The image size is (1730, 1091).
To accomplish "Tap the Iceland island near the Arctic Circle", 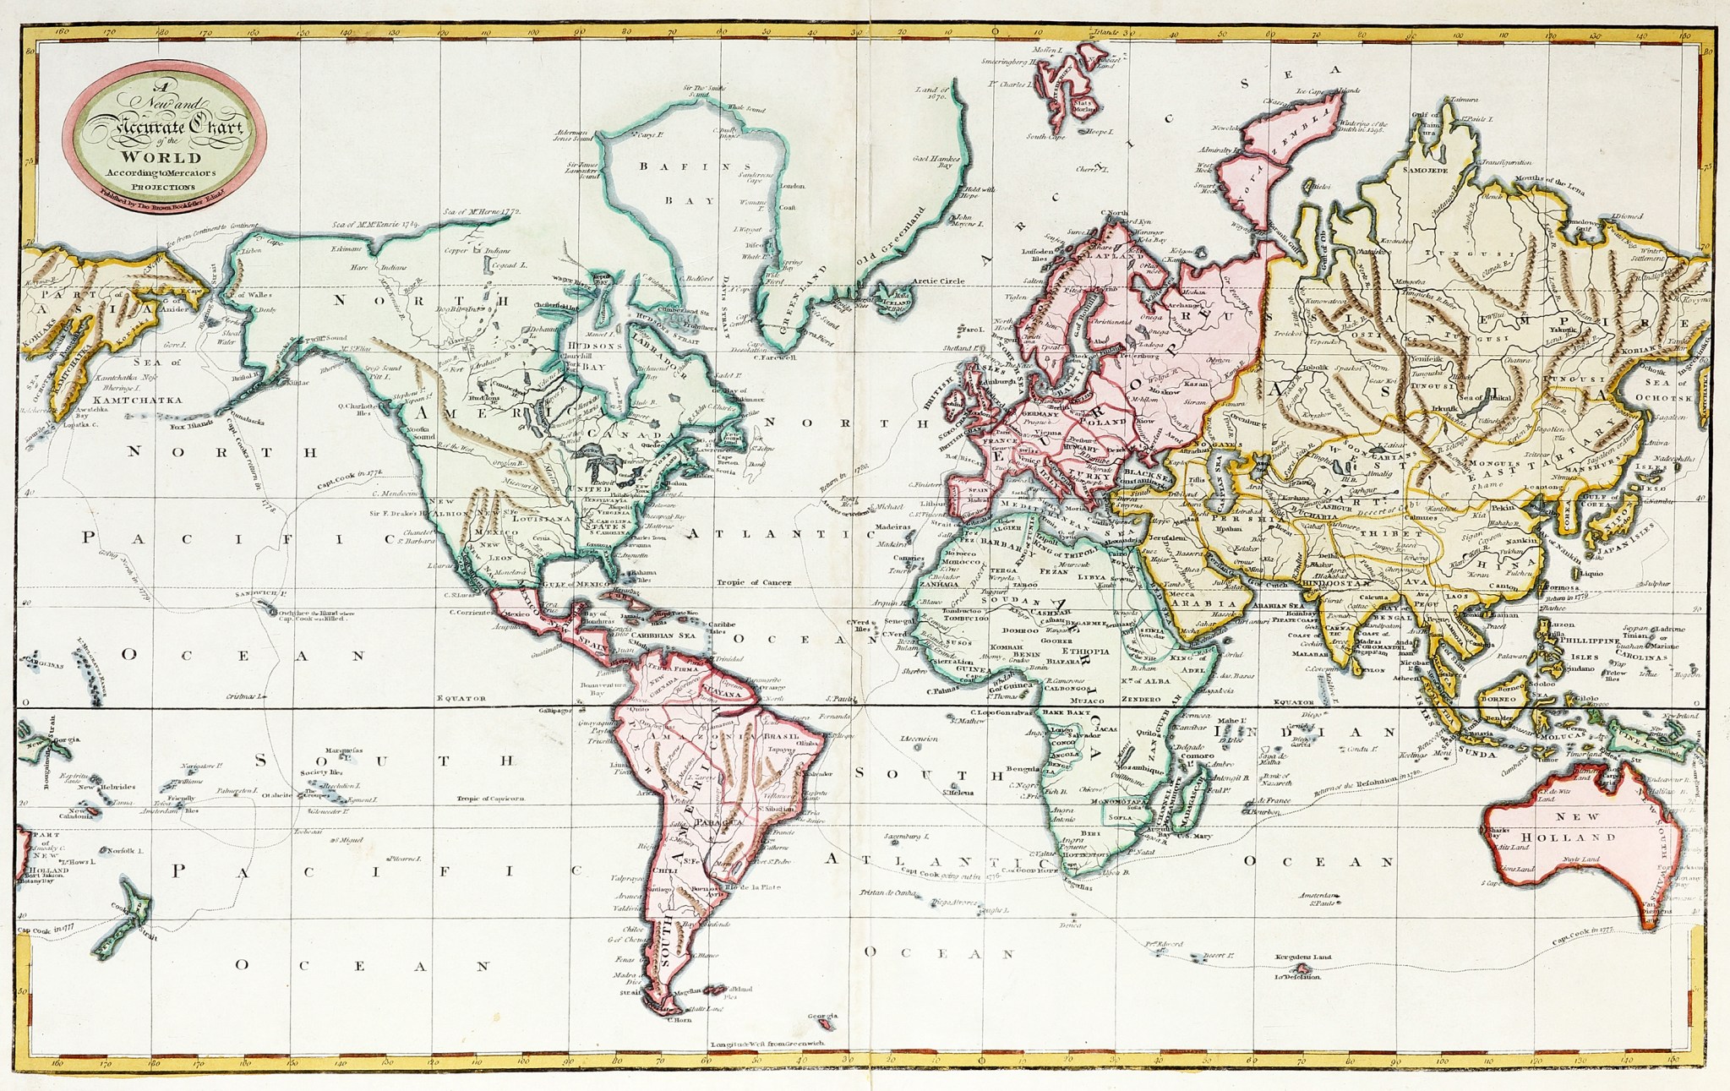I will coord(892,303).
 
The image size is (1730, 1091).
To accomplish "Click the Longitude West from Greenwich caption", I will coord(767,1044).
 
